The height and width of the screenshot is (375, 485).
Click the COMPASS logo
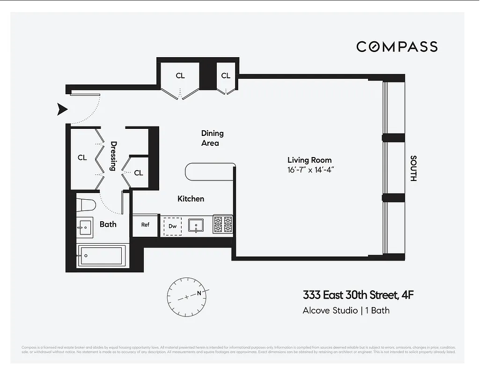(397, 46)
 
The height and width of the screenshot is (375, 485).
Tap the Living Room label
(309, 160)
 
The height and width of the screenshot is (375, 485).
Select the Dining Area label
(212, 138)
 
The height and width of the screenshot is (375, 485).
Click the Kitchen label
(191, 199)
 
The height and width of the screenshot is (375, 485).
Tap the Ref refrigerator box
(145, 225)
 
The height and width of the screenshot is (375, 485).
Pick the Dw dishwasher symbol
(172, 226)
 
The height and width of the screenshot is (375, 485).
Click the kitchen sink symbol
(195, 225)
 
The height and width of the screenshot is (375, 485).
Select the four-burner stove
(223, 225)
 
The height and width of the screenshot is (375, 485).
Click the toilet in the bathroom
(87, 204)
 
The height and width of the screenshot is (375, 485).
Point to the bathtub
(102, 255)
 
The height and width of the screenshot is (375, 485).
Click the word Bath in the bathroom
(108, 224)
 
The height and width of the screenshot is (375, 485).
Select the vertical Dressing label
(113, 156)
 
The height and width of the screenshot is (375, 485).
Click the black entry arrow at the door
(62, 110)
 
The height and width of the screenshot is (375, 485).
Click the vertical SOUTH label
(413, 168)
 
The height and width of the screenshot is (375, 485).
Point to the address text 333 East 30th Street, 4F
(358, 295)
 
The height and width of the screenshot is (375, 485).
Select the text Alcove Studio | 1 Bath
(345, 310)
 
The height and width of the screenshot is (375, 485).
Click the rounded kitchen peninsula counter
(209, 172)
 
